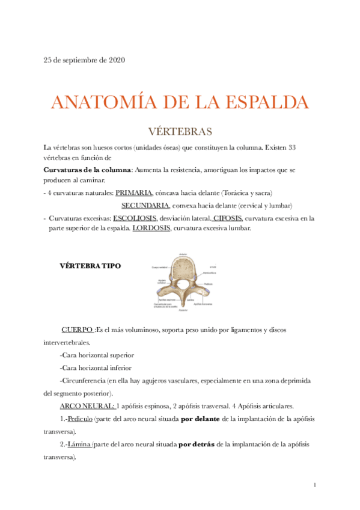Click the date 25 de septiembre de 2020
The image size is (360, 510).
[x=84, y=60]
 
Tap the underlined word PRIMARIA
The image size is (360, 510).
[x=134, y=193]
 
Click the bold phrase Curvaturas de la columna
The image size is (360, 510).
[x=88, y=170]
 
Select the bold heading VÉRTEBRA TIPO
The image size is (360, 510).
[x=90, y=266]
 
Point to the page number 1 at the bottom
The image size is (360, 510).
[x=315, y=485]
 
